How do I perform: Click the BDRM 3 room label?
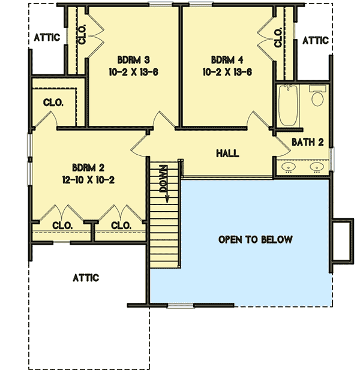click(130, 60)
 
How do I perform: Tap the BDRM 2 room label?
click(88, 167)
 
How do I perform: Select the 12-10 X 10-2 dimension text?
click(88, 179)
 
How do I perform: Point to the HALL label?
click(227, 154)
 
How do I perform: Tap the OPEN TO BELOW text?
click(255, 240)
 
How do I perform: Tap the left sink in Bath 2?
click(289, 167)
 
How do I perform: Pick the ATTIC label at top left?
click(46, 38)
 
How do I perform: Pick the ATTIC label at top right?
click(314, 41)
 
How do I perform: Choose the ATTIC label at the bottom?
click(86, 278)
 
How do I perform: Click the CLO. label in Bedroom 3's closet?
click(82, 36)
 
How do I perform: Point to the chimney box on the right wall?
click(342, 241)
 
